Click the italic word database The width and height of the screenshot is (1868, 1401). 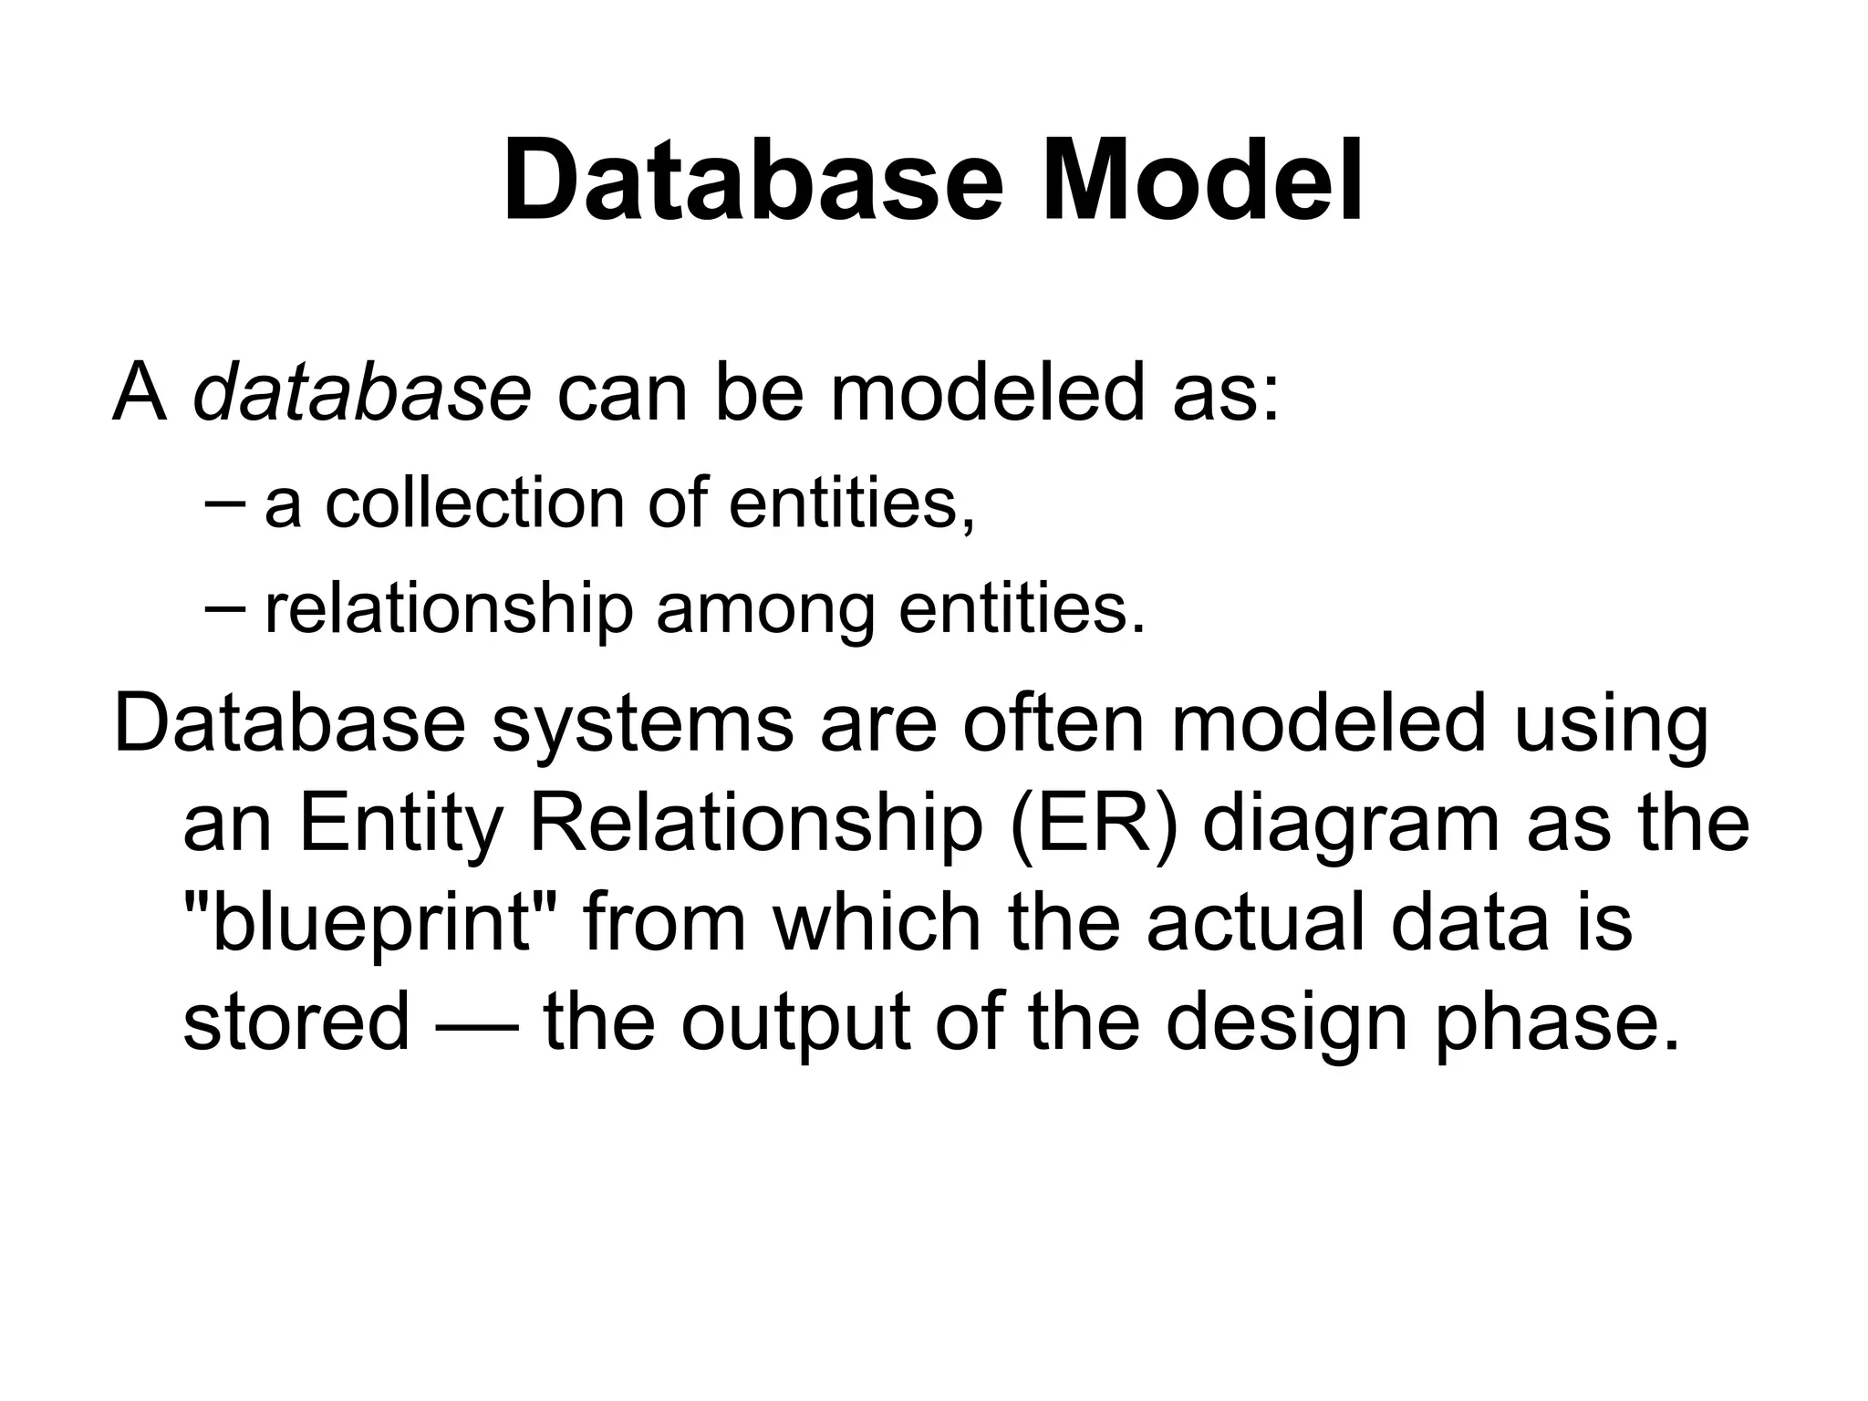click(x=361, y=393)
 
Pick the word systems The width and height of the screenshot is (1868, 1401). click(x=642, y=727)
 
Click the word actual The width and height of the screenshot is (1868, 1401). click(x=1255, y=922)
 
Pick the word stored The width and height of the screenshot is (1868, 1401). click(x=296, y=1021)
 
